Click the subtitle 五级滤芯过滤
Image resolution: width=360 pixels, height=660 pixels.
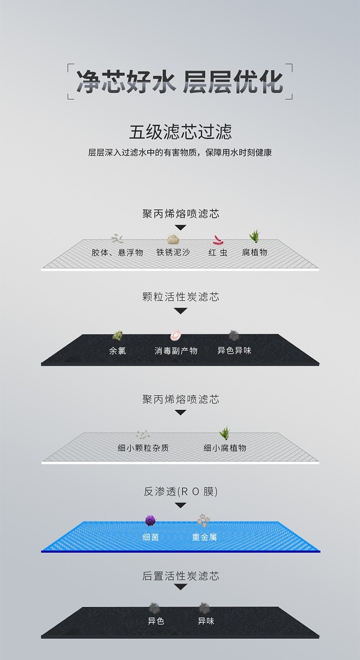(180, 132)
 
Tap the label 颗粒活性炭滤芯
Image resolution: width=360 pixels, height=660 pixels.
(180, 297)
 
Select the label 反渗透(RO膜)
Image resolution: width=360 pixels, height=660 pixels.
(180, 492)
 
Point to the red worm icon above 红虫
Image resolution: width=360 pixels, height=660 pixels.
(218, 240)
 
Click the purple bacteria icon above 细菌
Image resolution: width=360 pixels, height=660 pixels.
(150, 521)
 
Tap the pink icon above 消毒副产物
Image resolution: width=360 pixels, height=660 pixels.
(176, 335)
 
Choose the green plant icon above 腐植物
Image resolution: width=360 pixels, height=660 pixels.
(255, 236)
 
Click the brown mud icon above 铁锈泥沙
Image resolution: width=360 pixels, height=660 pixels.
(173, 239)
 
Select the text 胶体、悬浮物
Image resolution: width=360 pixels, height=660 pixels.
(117, 252)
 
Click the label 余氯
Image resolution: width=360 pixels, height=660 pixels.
(117, 351)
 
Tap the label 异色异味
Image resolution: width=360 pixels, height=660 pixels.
(234, 351)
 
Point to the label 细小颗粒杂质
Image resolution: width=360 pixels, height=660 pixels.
(143, 448)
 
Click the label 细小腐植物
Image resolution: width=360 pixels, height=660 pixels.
(225, 448)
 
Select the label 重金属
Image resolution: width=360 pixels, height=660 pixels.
(204, 537)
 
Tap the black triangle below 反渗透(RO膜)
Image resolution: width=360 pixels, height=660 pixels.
(180, 506)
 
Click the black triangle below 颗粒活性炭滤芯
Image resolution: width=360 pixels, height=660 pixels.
(180, 311)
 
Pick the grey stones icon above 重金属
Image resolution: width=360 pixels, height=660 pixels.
(204, 520)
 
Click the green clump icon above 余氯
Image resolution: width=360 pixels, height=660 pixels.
(117, 335)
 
